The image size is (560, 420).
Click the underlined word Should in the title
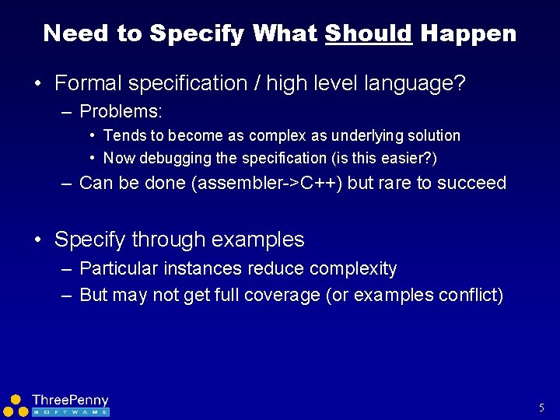(368, 33)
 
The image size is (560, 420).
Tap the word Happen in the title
(468, 33)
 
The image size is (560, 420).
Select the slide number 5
(541, 408)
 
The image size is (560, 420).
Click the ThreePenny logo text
(70, 401)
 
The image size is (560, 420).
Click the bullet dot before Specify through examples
(38, 240)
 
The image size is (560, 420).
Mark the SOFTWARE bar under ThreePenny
(70, 411)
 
